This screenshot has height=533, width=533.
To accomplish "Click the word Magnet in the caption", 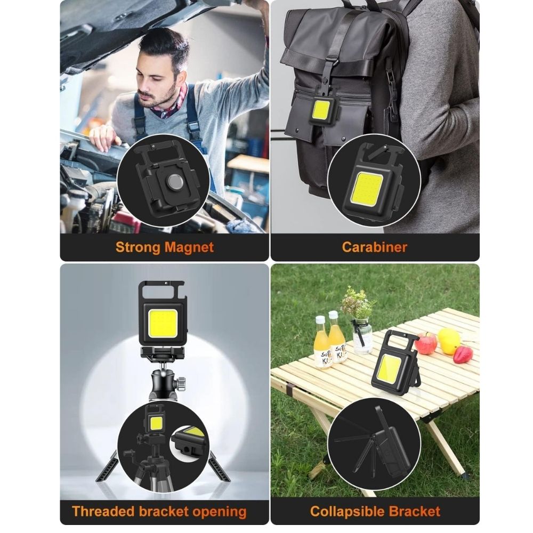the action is click(190, 247).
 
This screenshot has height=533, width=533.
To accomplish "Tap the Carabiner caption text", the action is click(375, 247).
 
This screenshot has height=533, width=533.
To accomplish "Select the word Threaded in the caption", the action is click(105, 511).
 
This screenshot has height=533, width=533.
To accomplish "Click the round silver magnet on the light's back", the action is click(175, 180).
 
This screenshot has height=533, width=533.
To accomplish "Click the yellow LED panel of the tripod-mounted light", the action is click(162, 322).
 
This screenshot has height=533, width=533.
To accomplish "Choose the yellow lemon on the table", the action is click(449, 340).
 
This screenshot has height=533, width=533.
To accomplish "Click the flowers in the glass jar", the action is click(358, 303).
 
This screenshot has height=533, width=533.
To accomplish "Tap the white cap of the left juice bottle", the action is click(320, 320).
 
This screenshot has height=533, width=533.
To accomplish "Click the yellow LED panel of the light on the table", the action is click(390, 368).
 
